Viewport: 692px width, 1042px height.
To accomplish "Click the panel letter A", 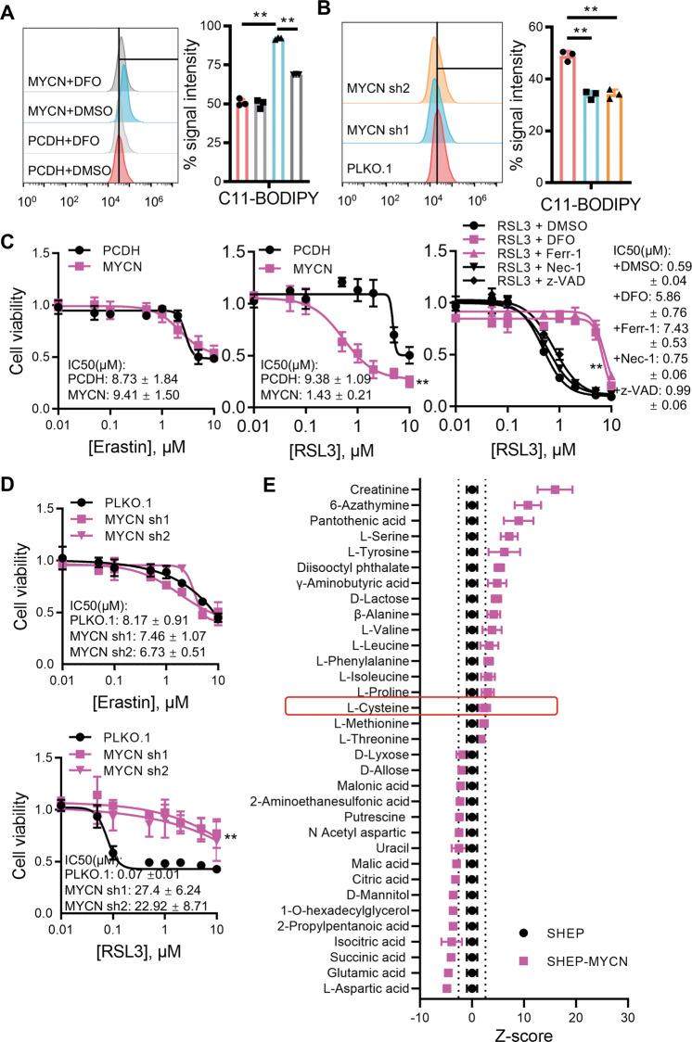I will (12, 12).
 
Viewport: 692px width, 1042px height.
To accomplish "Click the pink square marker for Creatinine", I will (555, 489).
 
